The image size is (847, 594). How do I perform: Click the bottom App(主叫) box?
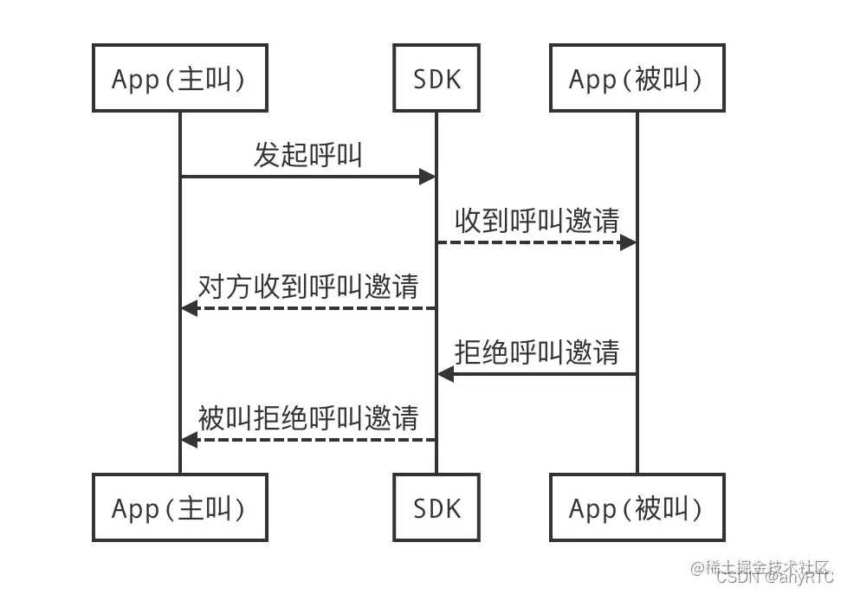click(x=179, y=507)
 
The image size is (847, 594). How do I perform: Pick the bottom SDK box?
click(x=436, y=507)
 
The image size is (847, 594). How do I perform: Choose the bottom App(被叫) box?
click(x=637, y=507)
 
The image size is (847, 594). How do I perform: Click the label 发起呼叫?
click(x=307, y=155)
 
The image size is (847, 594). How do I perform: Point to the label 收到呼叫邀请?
click(x=537, y=221)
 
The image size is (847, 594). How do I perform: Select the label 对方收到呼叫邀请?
click(x=308, y=287)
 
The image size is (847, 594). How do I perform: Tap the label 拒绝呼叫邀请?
click(x=537, y=352)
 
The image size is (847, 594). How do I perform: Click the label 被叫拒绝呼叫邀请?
click(x=308, y=418)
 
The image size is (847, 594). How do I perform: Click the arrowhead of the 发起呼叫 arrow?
click(x=427, y=177)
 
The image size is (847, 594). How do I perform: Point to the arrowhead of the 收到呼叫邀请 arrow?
click(x=628, y=242)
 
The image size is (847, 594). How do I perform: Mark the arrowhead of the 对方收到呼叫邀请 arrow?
click(x=190, y=308)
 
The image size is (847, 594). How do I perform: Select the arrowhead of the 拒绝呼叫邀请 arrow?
click(x=445, y=374)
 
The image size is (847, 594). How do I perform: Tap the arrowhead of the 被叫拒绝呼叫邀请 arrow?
click(x=190, y=440)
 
